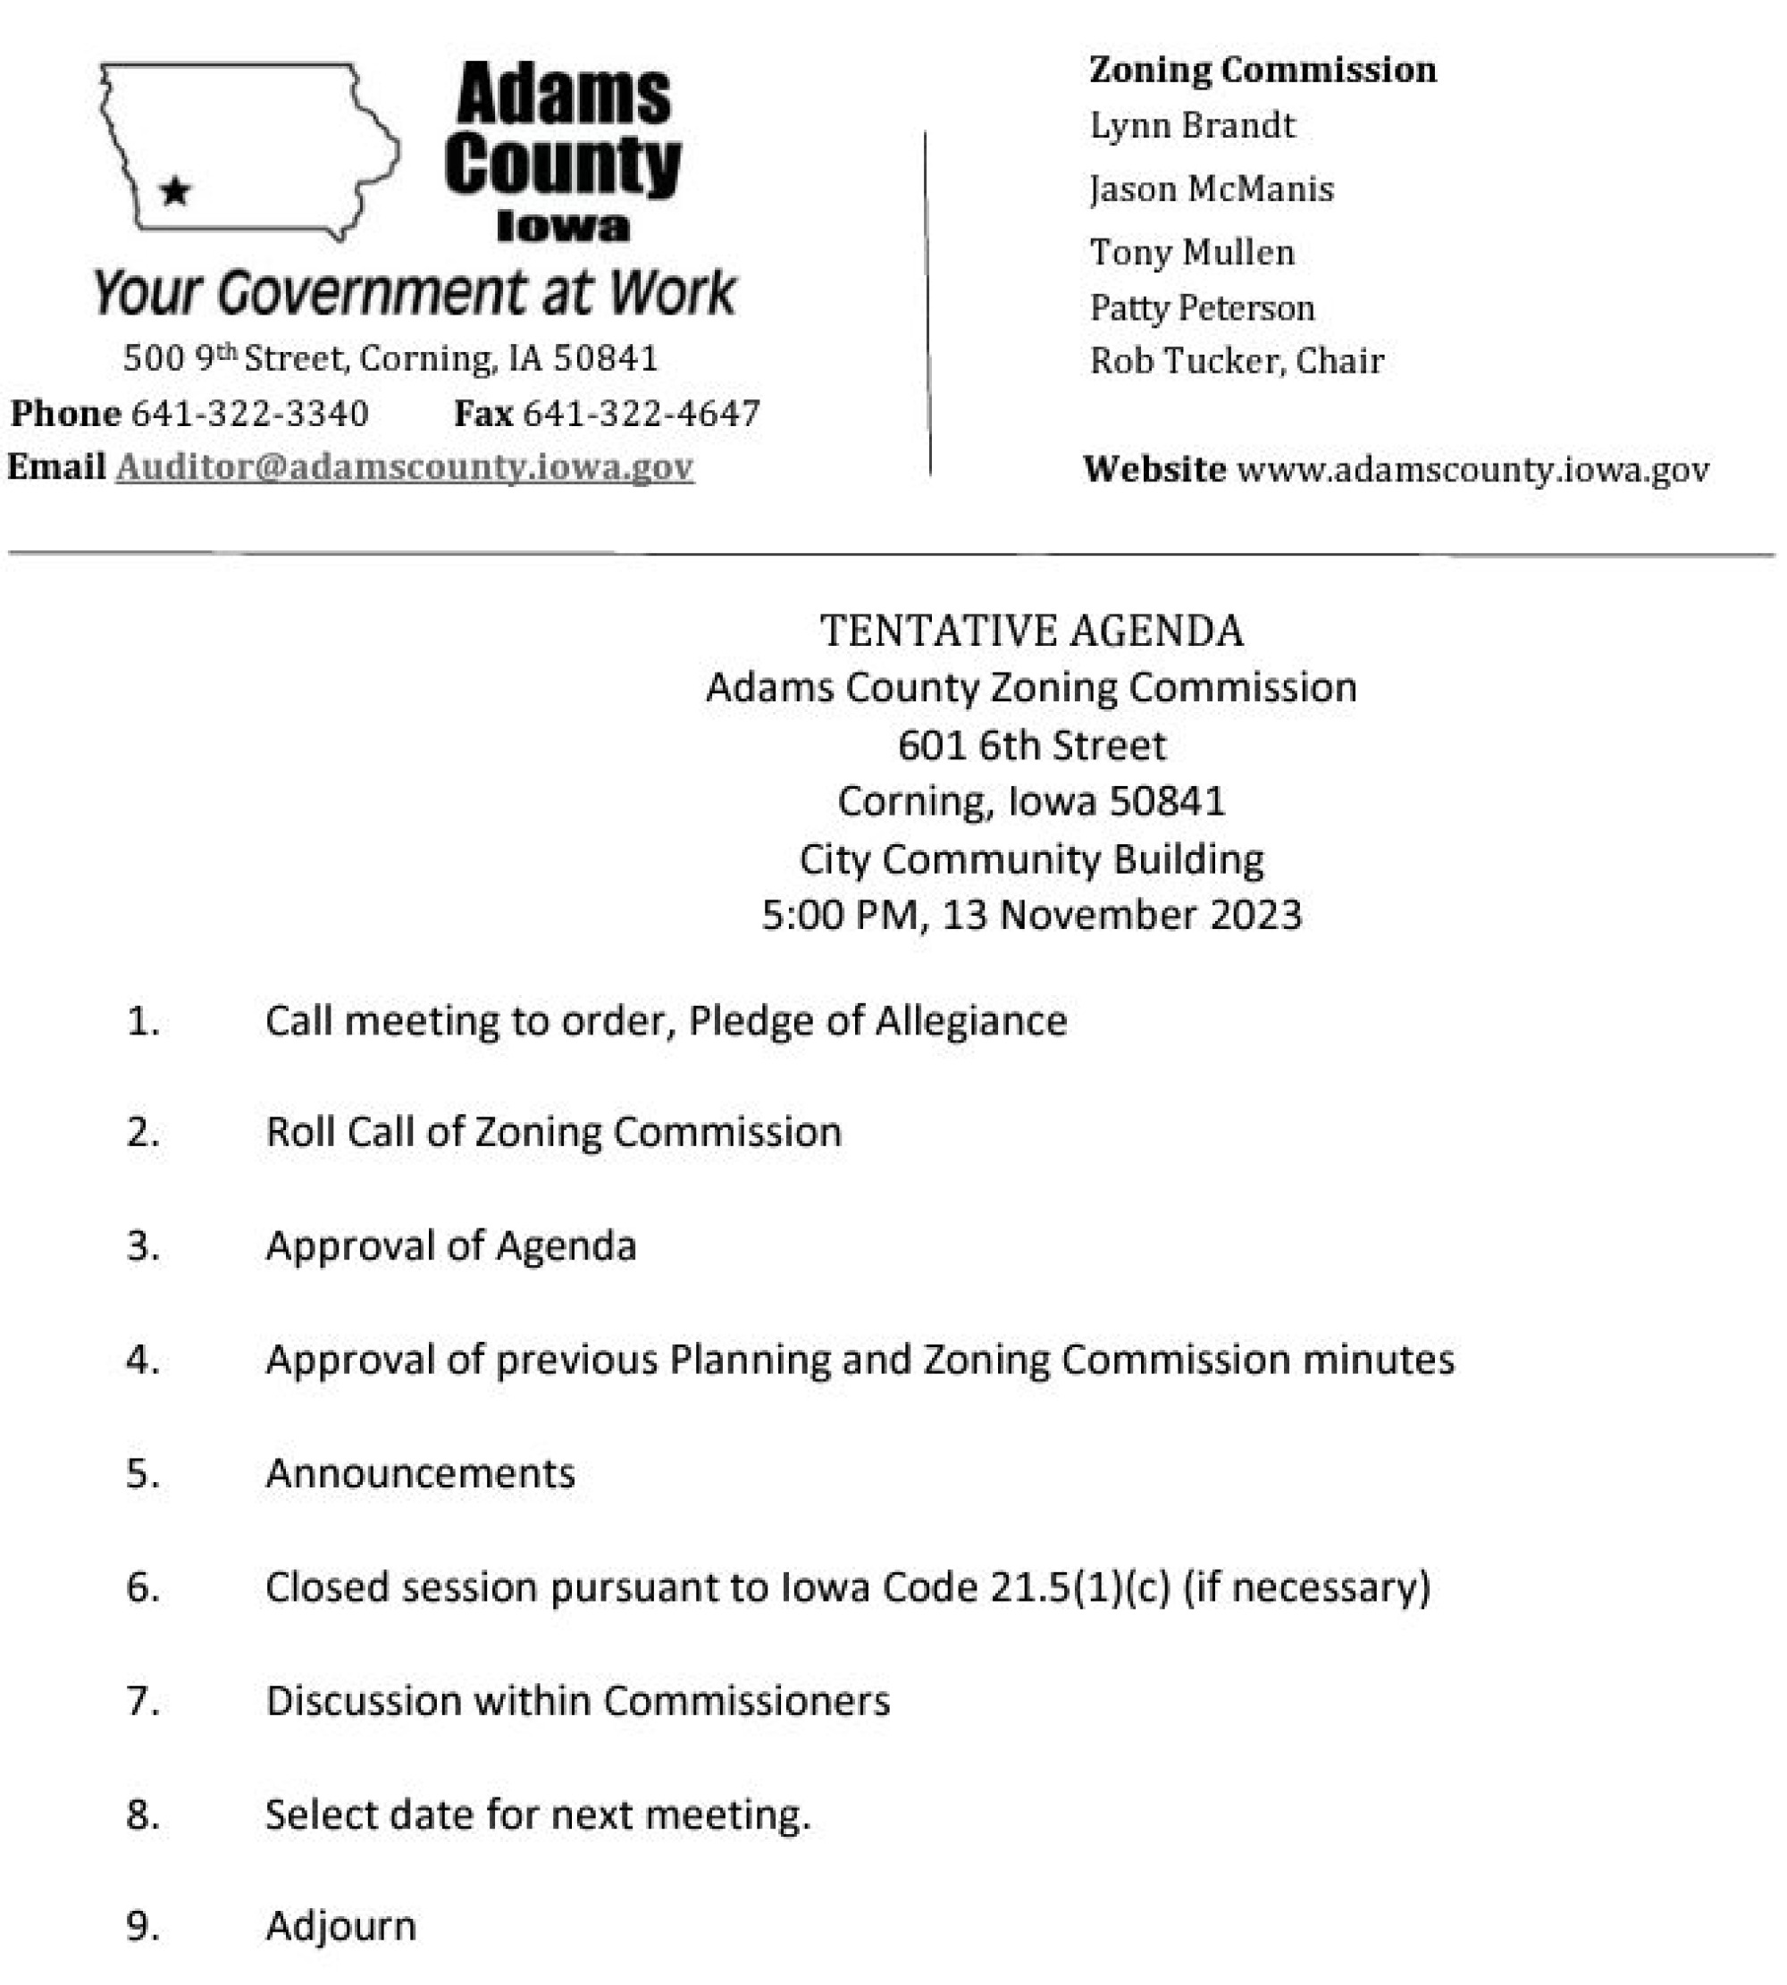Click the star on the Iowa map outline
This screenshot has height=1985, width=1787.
[176, 190]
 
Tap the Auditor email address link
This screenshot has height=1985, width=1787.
[405, 466]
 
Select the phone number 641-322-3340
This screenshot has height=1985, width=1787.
[250, 414]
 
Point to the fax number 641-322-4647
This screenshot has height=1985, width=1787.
[642, 414]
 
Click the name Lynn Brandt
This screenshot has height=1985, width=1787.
[1192, 126]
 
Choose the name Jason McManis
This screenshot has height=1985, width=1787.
[1212, 188]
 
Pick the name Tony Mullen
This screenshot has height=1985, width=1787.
[1192, 252]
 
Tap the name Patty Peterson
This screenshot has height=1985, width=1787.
[1202, 308]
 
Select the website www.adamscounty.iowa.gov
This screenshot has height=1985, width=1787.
[1472, 469]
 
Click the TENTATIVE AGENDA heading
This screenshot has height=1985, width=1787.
[1032, 632]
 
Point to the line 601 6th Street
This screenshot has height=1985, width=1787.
[1032, 746]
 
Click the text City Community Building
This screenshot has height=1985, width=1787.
[1032, 860]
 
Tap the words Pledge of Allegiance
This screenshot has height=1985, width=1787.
[877, 1021]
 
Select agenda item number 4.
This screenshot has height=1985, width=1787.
[142, 1360]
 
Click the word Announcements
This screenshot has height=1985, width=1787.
[420, 1473]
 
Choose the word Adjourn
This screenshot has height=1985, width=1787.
[340, 1926]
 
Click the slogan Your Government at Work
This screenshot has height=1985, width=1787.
[414, 292]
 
